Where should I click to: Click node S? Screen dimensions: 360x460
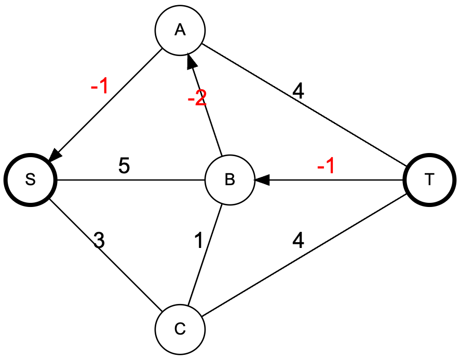(30, 179)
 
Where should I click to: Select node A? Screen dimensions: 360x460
(180, 30)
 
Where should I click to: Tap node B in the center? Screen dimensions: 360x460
(229, 180)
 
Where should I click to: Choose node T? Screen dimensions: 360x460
(429, 180)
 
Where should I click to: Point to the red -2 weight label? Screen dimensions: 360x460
(197, 99)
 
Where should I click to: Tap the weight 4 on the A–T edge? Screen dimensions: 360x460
(298, 91)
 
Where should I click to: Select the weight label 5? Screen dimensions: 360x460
(124, 167)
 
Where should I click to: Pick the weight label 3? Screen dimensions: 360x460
(99, 241)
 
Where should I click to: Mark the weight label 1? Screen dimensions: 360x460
(198, 242)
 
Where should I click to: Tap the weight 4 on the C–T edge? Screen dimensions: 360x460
(298, 241)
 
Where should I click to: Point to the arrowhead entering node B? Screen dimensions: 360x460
(261, 180)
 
